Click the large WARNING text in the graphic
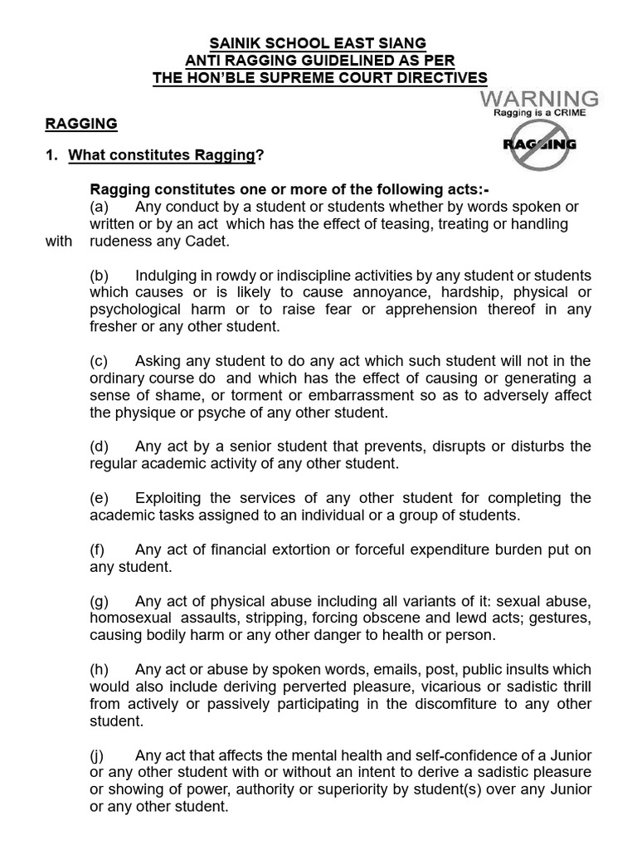[x=538, y=100]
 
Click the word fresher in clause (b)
[x=113, y=327]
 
